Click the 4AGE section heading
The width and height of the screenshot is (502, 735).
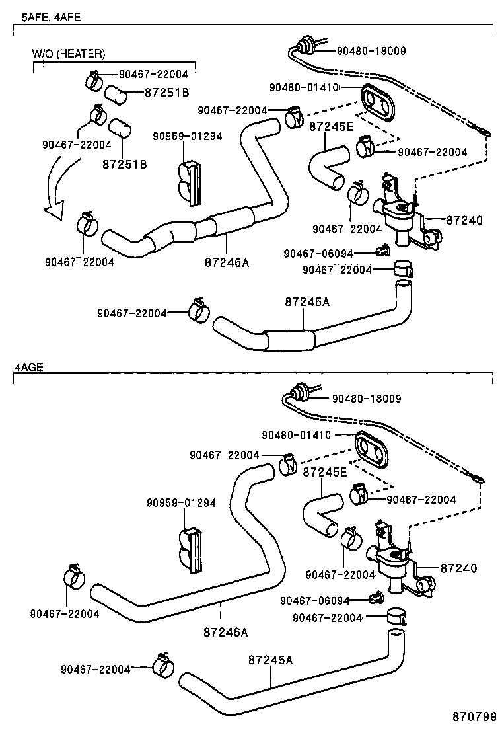[x=28, y=367]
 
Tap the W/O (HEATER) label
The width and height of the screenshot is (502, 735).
[x=68, y=54]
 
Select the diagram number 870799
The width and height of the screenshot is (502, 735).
[x=474, y=716]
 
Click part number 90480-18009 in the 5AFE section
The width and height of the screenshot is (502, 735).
[x=371, y=51]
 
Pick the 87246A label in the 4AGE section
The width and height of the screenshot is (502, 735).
[x=226, y=632]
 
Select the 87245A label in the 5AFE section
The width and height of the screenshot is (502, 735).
[x=307, y=302]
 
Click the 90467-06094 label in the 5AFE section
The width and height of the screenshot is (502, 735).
[x=318, y=253]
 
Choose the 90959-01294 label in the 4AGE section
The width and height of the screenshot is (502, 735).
[x=181, y=503]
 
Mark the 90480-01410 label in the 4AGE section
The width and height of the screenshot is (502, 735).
[x=296, y=435]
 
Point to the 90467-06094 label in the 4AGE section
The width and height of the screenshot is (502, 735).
[x=315, y=600]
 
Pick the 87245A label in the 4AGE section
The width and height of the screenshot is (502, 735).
[x=271, y=660]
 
